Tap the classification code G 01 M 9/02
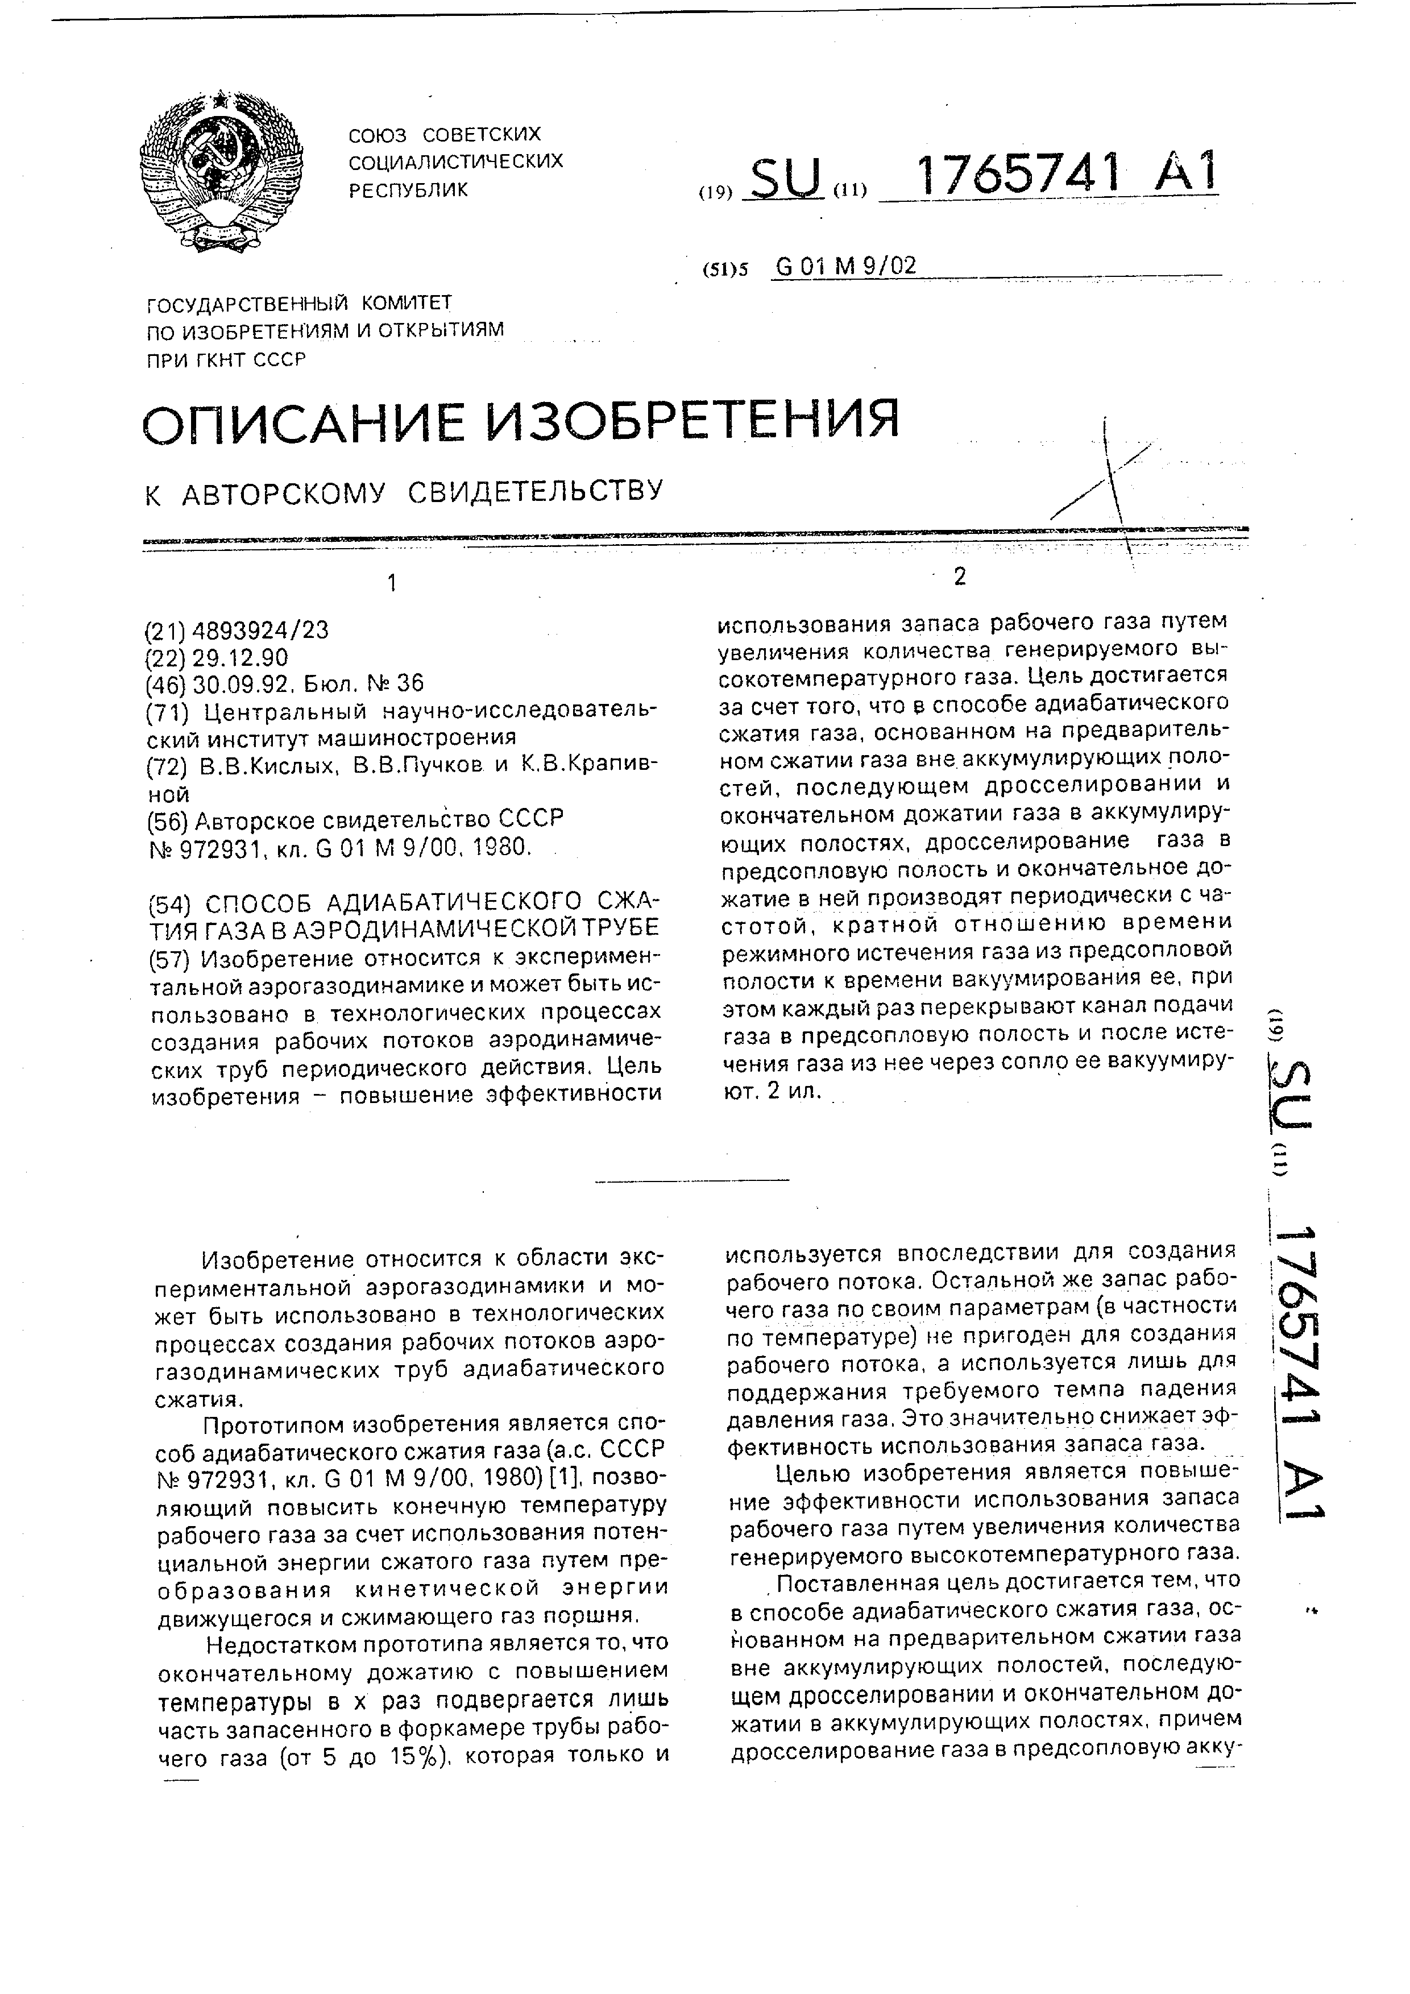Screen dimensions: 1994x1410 845,266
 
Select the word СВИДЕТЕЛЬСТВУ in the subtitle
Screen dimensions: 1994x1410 535,492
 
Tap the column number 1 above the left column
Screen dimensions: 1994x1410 392,583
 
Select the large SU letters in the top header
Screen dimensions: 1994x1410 786,178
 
